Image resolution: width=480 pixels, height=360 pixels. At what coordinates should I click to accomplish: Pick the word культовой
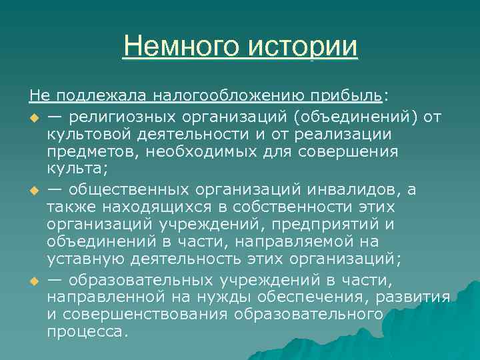87,135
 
